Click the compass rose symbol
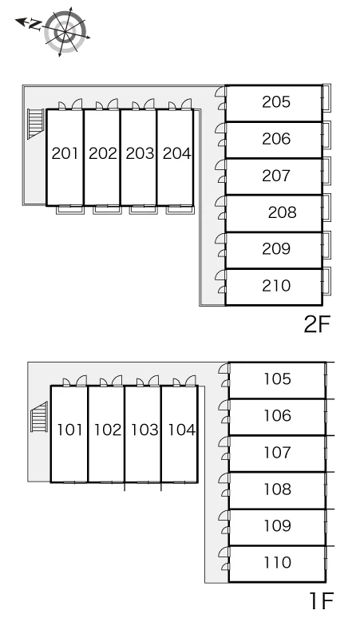65,31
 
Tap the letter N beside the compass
35,26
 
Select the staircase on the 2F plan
35,124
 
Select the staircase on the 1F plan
39,417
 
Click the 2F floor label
316,324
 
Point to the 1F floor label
322,600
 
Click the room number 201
65,153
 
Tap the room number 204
177,153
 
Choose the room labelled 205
276,101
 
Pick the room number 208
282,212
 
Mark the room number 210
276,286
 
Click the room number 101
69,430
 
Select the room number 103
144,430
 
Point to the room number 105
278,378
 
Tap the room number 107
278,453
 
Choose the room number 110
278,562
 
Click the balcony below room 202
107,210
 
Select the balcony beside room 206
326,135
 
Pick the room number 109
278,525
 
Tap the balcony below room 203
144,210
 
